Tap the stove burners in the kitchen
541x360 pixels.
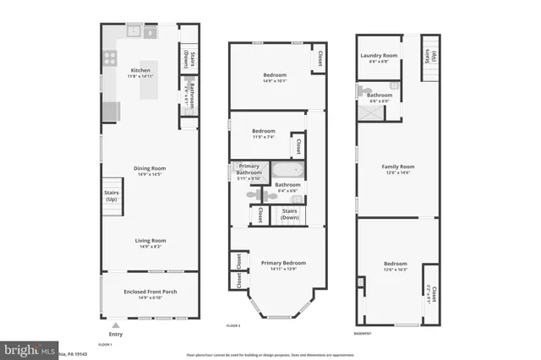[109, 58]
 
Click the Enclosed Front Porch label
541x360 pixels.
[150, 292]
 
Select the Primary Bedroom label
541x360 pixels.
[283, 263]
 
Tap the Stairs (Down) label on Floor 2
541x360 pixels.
[290, 214]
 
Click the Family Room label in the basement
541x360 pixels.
[397, 167]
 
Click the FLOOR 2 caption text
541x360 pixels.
[233, 325]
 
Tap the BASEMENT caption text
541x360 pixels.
[365, 333]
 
